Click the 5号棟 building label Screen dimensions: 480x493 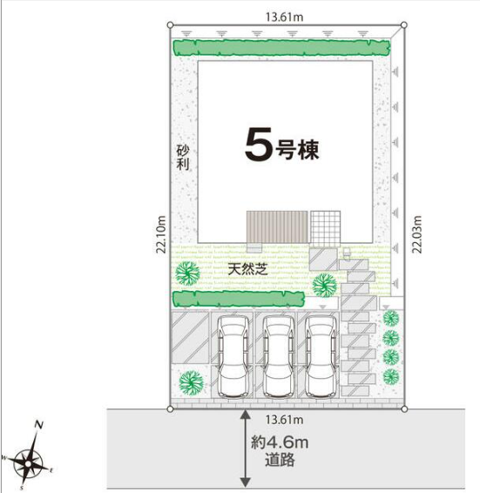point(282,145)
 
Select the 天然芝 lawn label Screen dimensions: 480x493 point(248,269)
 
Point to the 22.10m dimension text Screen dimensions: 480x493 point(161,234)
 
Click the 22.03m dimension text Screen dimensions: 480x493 point(417,234)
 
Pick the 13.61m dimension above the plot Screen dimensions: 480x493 point(284,17)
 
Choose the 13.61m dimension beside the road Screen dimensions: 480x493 point(284,420)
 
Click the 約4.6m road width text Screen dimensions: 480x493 point(280,443)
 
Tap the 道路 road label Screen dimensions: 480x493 point(280,460)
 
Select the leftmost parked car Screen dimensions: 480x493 point(233,357)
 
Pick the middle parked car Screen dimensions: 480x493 point(278,357)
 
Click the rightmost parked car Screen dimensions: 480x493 point(321,357)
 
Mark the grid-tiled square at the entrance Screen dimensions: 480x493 point(325,226)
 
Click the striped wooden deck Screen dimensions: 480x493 point(277,226)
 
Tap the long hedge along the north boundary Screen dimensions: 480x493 point(282,48)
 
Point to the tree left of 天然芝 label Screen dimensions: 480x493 point(187,274)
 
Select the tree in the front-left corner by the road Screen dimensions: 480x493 point(192,383)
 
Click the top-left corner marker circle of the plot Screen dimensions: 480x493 point(170,24)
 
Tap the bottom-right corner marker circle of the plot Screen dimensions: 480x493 point(404,409)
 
